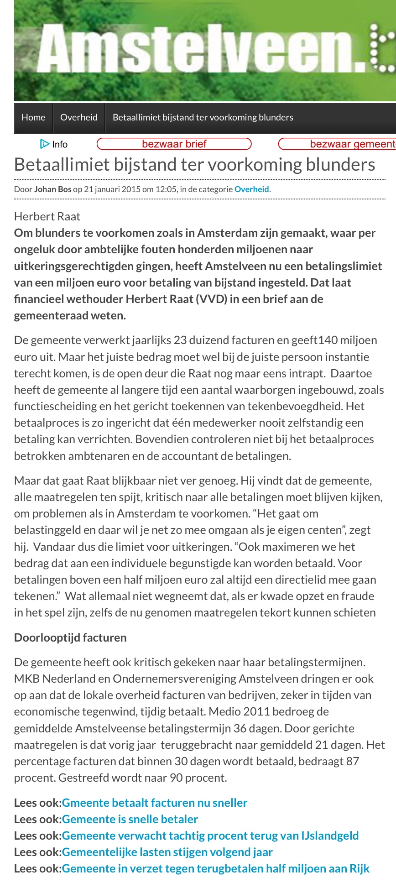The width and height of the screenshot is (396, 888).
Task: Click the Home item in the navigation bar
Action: tap(33, 117)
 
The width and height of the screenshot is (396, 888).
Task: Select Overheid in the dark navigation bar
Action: tap(79, 117)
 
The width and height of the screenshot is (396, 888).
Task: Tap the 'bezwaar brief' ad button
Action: tap(174, 144)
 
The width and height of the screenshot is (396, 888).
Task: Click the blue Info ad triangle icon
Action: tap(44, 144)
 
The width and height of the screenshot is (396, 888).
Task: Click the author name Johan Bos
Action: tap(52, 189)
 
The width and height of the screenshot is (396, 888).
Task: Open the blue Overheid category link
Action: tap(251, 189)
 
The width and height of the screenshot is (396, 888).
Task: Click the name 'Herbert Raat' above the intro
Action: tap(47, 216)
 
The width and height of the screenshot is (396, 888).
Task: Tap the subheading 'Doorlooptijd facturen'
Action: tap(70, 637)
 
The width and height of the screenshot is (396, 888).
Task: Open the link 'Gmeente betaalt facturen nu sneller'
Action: tap(155, 803)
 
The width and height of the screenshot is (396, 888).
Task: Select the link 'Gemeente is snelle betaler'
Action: tap(130, 819)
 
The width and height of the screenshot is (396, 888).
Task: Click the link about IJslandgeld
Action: tap(210, 836)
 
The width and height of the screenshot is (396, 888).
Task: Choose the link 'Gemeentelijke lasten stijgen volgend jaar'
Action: tap(167, 852)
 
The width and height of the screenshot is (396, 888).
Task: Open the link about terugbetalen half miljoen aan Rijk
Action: tap(216, 868)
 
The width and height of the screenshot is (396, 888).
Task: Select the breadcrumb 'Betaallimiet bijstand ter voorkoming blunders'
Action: tap(203, 117)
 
